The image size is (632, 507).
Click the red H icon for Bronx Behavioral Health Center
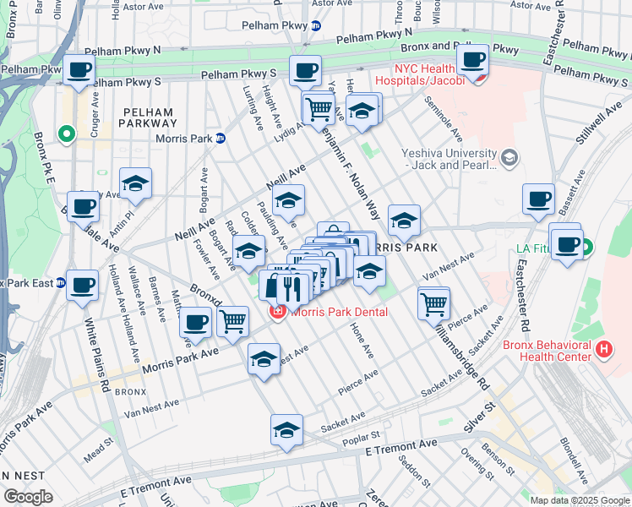click(604, 348)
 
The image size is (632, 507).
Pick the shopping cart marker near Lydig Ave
click(319, 108)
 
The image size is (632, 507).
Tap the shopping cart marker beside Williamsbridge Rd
click(433, 303)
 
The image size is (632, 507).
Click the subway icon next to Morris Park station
click(221, 139)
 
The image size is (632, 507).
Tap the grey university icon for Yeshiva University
click(509, 157)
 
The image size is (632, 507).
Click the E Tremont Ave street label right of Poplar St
click(401, 445)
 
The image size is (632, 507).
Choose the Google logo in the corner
click(29, 496)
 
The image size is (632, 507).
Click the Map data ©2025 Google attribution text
click(579, 500)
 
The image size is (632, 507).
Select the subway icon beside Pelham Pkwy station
click(315, 26)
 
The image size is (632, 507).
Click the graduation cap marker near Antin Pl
click(135, 183)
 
